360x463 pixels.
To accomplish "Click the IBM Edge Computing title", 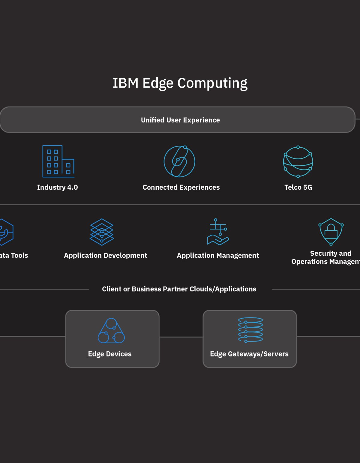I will click(x=180, y=83).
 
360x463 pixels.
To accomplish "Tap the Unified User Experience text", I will click(x=180, y=120).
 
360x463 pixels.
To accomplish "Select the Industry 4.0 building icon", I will click(x=58, y=161).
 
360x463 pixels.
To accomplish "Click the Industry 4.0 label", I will click(x=57, y=187).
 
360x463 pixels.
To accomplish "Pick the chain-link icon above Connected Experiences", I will click(x=179, y=161).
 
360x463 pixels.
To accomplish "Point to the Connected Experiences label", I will click(x=181, y=187).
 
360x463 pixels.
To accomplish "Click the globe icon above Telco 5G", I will click(x=298, y=162).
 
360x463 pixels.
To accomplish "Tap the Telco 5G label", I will click(x=298, y=187).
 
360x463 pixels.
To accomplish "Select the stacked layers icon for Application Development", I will click(x=102, y=232).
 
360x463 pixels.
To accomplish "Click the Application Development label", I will click(x=105, y=255).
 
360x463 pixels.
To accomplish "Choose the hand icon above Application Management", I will click(x=218, y=232).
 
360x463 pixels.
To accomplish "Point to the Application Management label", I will click(x=218, y=255).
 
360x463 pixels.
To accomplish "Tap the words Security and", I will click(x=330, y=253).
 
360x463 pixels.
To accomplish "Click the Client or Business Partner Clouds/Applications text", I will click(x=179, y=289).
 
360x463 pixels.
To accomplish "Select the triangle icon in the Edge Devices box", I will click(x=111, y=331).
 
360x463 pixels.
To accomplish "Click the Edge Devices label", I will click(x=109, y=354).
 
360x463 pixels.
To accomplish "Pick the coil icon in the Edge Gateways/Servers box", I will click(x=250, y=330).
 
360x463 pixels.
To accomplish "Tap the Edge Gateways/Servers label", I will click(x=249, y=354).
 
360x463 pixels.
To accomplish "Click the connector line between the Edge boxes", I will click(x=181, y=337).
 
